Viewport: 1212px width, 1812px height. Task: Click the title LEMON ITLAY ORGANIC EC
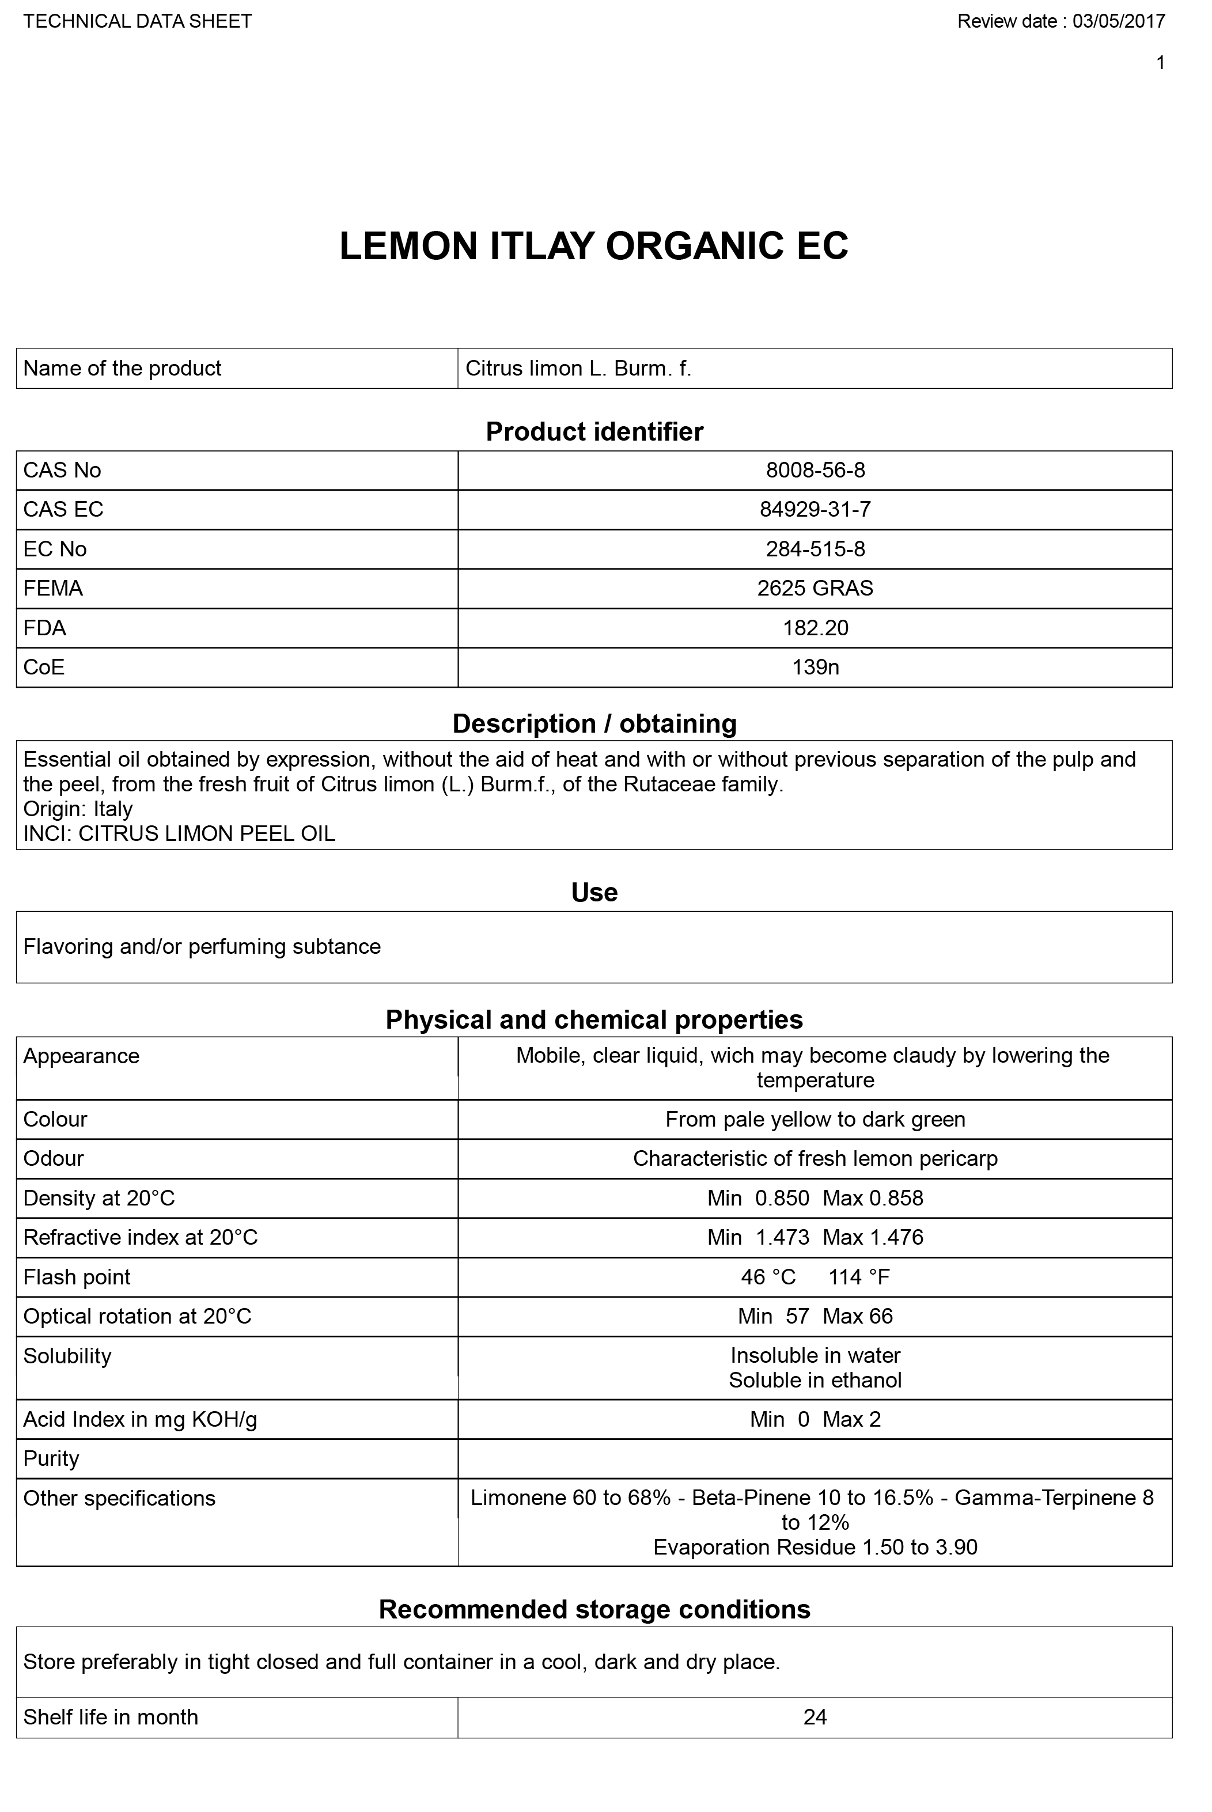point(594,247)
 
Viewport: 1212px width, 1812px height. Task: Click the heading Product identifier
point(594,432)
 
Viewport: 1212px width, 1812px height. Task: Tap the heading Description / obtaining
point(594,724)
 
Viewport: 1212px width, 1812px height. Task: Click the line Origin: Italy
point(78,809)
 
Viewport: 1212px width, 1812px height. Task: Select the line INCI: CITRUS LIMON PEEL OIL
point(179,834)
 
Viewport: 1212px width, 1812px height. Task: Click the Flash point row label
point(77,1278)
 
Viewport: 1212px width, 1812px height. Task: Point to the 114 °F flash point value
point(859,1278)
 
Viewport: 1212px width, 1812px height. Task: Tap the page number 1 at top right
point(1160,63)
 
